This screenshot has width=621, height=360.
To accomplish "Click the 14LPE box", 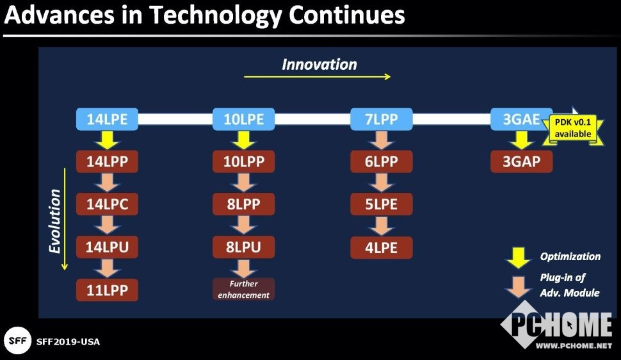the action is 107,119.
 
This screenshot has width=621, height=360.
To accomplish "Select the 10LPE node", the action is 243,119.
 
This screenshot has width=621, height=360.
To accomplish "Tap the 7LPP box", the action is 382,119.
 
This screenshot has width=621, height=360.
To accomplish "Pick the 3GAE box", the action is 521,119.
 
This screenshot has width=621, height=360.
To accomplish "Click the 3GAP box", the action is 521,161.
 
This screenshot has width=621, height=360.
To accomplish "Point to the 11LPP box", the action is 107,290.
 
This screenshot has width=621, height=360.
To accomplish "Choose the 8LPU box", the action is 243,247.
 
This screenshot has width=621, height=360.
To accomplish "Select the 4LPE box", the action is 382,247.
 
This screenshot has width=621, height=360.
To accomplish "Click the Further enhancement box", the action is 243,289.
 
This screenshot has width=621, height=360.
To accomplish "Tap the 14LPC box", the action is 107,204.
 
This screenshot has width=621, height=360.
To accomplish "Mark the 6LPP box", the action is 382,161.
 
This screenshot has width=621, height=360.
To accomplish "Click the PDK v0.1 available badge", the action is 573,128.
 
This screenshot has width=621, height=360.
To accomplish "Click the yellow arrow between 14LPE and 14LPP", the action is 107,140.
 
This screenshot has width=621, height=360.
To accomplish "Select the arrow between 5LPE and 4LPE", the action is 382,226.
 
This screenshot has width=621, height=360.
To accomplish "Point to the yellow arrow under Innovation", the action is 318,76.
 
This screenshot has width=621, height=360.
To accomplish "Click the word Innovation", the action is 319,65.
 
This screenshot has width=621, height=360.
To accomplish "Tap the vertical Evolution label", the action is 54,221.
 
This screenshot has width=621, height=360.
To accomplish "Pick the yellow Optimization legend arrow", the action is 519,258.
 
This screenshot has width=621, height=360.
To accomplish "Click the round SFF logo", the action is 17,341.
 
